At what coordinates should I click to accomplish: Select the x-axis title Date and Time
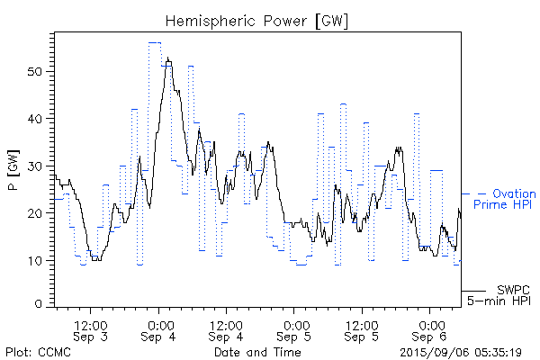(x=257, y=352)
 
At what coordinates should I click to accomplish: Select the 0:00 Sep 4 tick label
(x=159, y=329)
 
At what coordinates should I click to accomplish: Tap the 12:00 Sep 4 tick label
(x=227, y=329)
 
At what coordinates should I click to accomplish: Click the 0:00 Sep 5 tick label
(x=294, y=329)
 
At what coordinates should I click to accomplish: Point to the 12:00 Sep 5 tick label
(x=362, y=329)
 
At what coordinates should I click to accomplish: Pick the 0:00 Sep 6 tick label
(x=429, y=329)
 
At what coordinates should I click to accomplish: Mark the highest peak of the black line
(x=167, y=58)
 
